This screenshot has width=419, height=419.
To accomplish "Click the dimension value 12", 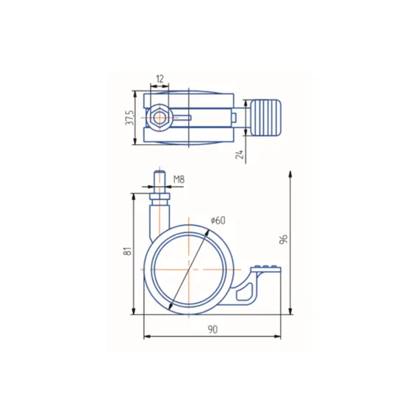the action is click(160, 79).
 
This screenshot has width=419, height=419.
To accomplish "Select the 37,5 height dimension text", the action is click(130, 117).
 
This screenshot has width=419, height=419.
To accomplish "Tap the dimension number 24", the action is click(240, 154).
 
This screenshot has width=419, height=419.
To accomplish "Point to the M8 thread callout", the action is click(179, 179).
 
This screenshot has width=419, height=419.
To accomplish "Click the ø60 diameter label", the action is click(218, 221).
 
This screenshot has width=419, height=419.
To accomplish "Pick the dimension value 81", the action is click(128, 251).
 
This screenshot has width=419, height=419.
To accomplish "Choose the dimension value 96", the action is click(283, 239).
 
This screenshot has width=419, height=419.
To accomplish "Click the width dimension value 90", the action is click(212, 329).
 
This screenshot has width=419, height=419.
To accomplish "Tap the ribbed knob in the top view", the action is click(266, 118).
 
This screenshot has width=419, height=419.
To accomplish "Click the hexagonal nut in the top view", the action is click(160, 118).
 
